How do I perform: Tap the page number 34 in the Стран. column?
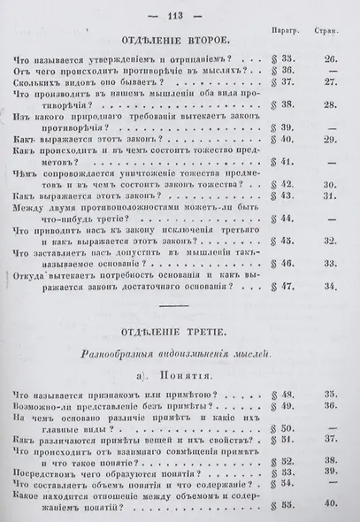(330, 286)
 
